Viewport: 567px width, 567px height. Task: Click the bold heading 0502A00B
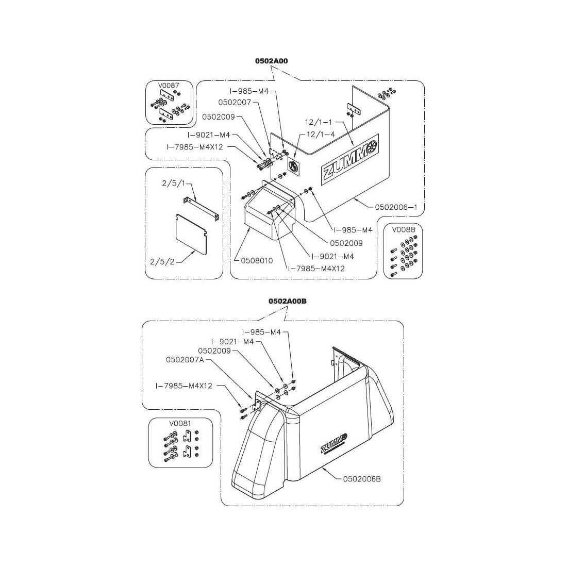[x=287, y=301]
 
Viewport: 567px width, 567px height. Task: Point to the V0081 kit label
[x=179, y=423]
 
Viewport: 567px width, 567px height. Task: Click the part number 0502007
[x=235, y=102]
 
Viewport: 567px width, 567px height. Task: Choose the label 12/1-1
[x=319, y=123]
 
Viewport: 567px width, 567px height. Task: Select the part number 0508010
[x=257, y=261]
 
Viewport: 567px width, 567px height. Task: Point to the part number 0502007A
[x=185, y=359]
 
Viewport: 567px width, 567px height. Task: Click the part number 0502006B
[x=362, y=478]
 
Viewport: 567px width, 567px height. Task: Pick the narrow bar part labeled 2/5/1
[x=202, y=208]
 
